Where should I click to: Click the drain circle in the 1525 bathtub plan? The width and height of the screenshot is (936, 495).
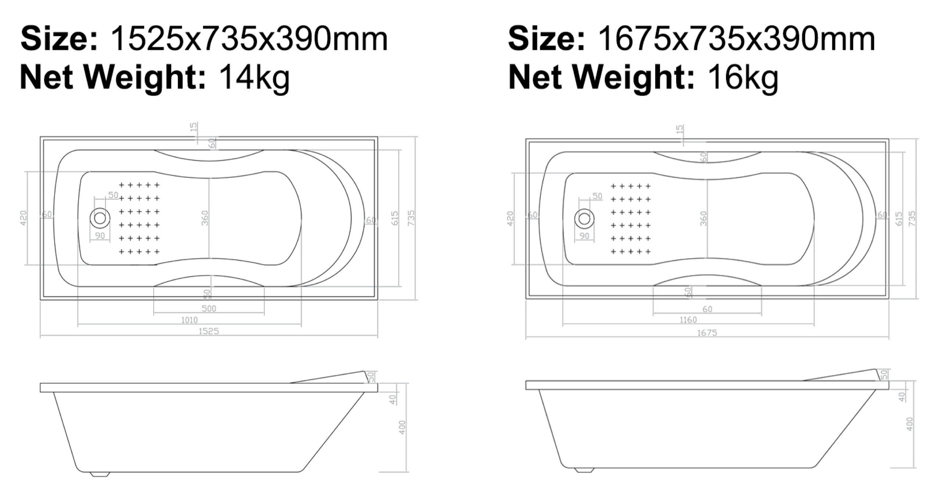[100, 218]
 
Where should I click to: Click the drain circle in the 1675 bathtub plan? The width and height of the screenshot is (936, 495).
[584, 219]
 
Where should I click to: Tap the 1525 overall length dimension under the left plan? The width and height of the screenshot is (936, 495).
[208, 331]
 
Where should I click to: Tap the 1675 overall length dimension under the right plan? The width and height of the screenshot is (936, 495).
[707, 332]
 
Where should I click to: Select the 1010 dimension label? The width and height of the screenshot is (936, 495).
[189, 320]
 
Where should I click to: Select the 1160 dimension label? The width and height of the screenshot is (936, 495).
[688, 320]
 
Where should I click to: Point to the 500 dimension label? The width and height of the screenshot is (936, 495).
[209, 309]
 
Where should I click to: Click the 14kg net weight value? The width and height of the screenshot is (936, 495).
[254, 78]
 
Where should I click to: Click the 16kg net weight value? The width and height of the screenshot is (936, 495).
[742, 78]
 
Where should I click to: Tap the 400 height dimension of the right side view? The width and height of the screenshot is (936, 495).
[910, 424]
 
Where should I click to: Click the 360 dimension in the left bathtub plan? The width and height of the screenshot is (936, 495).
[205, 218]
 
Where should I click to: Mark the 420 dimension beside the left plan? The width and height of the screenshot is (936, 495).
[24, 218]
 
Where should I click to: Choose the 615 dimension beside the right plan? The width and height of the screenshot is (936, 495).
[899, 219]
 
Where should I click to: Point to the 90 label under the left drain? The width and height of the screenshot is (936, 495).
[100, 236]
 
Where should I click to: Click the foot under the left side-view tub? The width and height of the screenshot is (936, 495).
[100, 474]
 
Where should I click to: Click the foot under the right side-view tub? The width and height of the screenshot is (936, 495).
[584, 470]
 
